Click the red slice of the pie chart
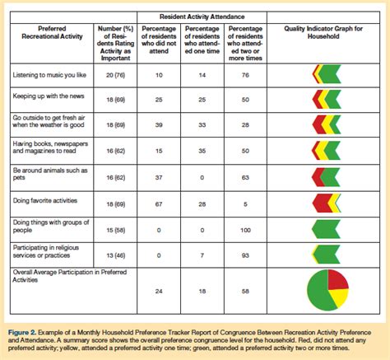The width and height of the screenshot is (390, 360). tap(337, 280)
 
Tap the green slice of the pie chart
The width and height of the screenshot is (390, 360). tap(318, 291)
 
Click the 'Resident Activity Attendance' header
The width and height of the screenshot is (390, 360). tap(202, 16)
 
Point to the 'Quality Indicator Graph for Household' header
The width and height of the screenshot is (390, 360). tap(323, 32)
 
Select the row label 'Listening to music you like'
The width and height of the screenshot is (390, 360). tap(49, 75)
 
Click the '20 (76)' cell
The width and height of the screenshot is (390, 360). tap(115, 75)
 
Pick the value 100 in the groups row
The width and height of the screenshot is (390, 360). tap(245, 230)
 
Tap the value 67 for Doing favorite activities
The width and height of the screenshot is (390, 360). tap(159, 204)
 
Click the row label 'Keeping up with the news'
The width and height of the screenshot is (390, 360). tap(49, 96)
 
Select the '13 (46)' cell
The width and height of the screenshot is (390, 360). tap(115, 255)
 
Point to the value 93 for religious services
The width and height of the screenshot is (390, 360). tap(245, 255)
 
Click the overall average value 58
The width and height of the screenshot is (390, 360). tap(245, 292)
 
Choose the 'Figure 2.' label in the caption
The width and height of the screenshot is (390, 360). tap(22, 333)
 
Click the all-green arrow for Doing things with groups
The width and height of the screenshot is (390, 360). tap(326, 229)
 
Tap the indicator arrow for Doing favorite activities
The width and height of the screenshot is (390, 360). tap(327, 203)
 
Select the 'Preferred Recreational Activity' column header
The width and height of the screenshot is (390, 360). tap(52, 32)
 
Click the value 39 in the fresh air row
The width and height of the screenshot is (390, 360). tap(159, 125)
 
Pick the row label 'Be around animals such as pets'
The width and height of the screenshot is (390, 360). tap(50, 174)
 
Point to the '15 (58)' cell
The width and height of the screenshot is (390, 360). tap(115, 230)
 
